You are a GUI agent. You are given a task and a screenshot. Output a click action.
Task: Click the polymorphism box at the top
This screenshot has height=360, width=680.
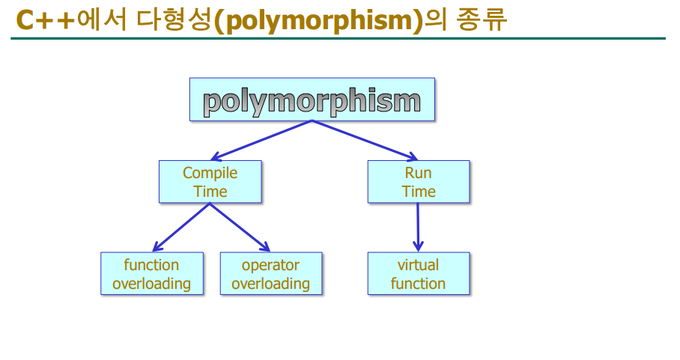coord(312,100)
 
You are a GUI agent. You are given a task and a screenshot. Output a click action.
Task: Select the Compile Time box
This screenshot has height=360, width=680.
coord(210,182)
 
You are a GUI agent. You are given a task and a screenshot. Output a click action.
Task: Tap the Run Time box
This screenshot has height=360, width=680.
coord(418,182)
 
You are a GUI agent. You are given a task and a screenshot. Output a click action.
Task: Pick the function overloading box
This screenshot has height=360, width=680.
coord(151,274)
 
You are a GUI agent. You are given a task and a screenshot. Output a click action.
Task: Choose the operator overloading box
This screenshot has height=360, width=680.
coord(270,274)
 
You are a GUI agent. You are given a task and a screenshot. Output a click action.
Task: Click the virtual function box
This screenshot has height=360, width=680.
coord(418,274)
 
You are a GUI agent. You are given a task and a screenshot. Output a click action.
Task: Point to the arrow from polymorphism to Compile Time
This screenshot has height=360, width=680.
coord(261,140)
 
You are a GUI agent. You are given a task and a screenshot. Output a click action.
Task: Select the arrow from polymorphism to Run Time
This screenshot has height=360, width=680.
coord(365,140)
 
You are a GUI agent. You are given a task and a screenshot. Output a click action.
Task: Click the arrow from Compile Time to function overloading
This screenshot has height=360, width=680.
coord(180,227)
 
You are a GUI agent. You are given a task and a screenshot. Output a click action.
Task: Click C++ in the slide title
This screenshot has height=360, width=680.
coord(46,20)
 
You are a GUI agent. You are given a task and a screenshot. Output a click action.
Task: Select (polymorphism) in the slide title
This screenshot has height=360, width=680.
coord(318,20)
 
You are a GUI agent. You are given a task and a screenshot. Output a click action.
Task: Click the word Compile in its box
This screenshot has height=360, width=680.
coord(210,173)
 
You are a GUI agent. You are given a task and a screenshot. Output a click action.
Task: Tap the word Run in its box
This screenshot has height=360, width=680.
coord(418,173)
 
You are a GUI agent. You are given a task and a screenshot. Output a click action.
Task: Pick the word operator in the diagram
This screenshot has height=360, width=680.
coord(270,265)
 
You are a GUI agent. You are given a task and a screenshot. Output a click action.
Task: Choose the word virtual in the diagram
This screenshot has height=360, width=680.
coord(418,265)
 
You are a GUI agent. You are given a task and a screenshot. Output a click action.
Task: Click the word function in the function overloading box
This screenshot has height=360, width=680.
coord(151,265)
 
